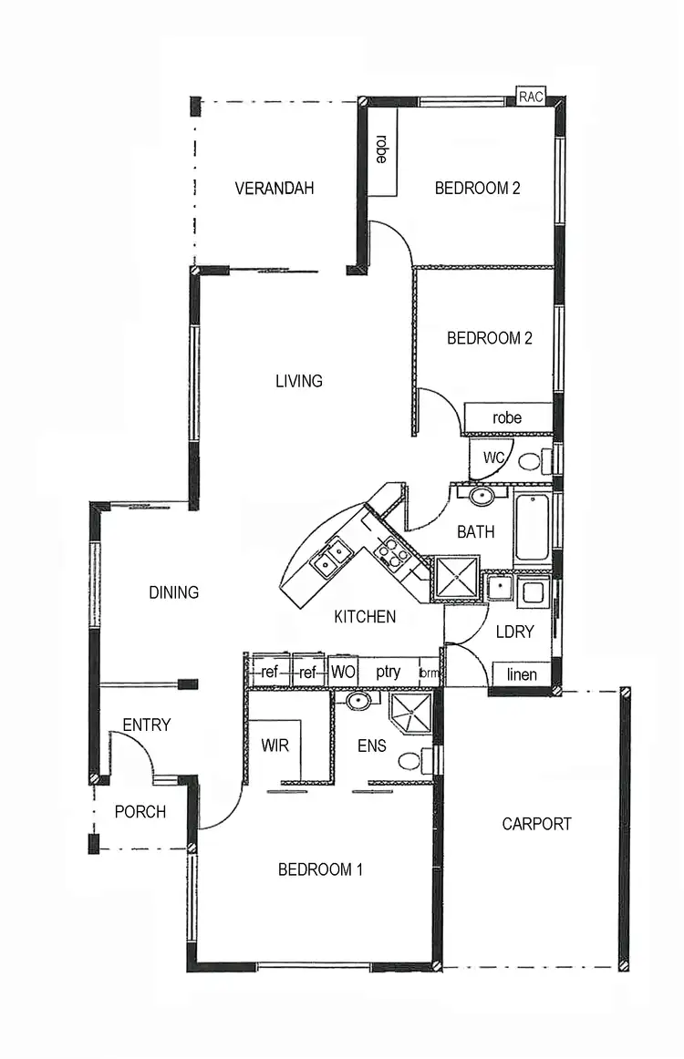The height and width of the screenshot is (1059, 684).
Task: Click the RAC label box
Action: [x=530, y=97]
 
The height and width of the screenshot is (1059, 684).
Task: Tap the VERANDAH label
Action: [x=275, y=189]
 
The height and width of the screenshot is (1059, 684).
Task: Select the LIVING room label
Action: [x=299, y=381]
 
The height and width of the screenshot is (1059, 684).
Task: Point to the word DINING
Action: [x=173, y=592]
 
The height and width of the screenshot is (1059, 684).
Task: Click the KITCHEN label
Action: [x=365, y=617]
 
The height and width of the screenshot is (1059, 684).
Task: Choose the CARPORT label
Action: [x=537, y=824]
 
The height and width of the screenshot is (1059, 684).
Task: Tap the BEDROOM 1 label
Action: [x=320, y=869]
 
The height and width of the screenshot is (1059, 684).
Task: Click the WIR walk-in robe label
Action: [x=275, y=745]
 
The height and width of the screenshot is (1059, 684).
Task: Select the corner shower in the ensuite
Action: [x=410, y=711]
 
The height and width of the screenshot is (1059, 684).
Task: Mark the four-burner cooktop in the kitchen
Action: [x=392, y=553]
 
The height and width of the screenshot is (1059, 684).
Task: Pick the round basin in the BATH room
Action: [x=482, y=496]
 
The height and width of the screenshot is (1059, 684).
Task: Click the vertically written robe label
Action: [x=381, y=149]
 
